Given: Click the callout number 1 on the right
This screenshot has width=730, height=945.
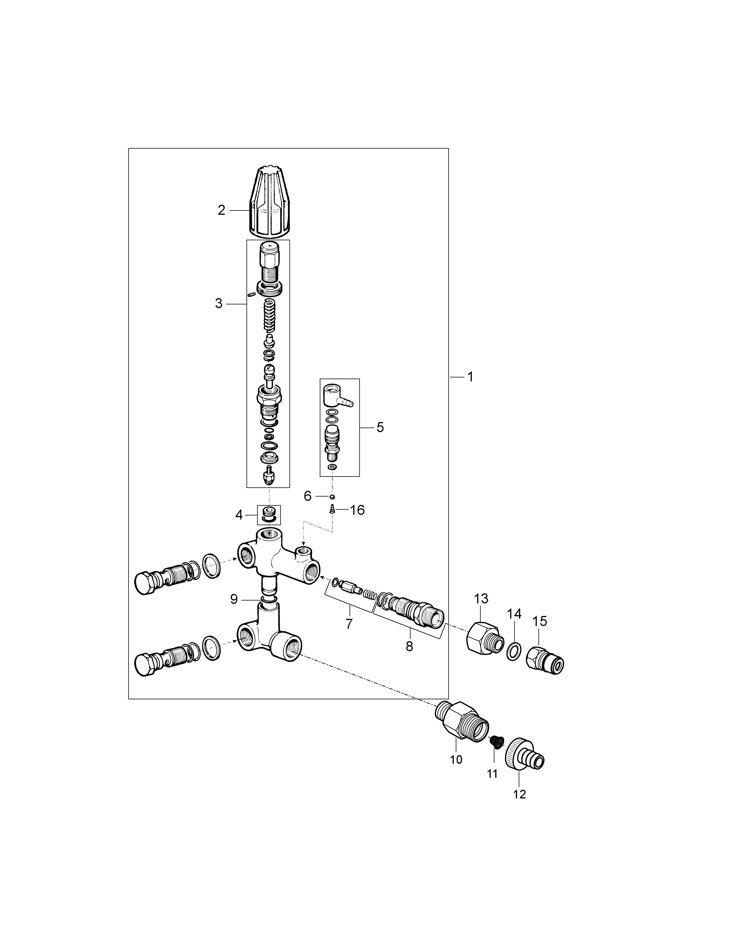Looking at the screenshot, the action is click(x=470, y=377).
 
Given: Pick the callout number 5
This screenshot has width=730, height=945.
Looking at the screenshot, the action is click(x=380, y=428).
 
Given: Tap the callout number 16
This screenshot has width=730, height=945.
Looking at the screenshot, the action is click(x=357, y=510).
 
